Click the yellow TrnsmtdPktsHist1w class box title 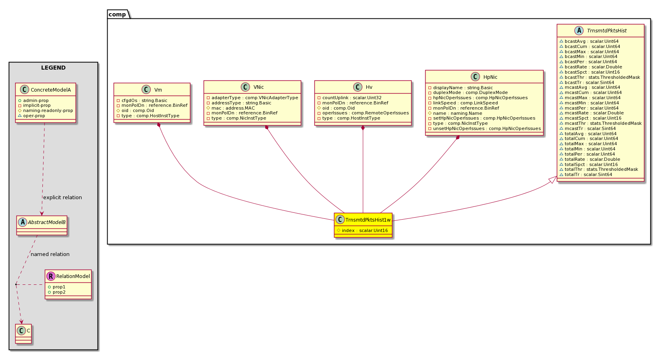click(x=368, y=220)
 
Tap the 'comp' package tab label click(x=117, y=14)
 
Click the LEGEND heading click(x=53, y=68)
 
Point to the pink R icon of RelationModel click(x=51, y=276)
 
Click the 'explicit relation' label click(x=62, y=198)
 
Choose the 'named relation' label click(x=50, y=254)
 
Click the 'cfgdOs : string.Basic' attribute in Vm click(x=144, y=100)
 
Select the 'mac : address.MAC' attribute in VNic click(x=233, y=108)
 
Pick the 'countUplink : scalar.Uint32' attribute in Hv click(x=352, y=98)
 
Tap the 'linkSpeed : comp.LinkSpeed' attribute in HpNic click(x=465, y=103)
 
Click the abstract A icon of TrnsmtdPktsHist click(x=579, y=30)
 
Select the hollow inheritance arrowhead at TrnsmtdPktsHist click(x=553, y=180)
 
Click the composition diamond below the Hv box click(x=363, y=128)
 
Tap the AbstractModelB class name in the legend click(x=46, y=222)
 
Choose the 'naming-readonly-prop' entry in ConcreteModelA click(x=48, y=111)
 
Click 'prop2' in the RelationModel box click(x=59, y=292)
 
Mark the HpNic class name click(x=490, y=77)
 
